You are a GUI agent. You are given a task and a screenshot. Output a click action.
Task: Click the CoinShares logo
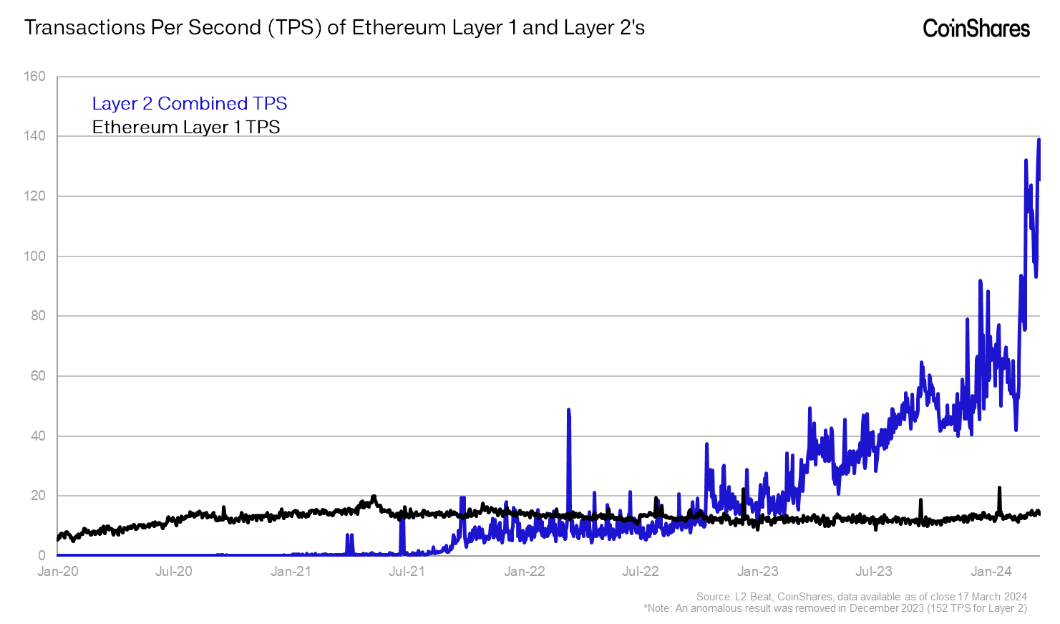[976, 28]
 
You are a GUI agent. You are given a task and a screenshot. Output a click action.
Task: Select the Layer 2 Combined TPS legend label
[189, 103]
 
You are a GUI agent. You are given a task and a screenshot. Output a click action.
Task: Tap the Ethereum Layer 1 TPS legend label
[185, 127]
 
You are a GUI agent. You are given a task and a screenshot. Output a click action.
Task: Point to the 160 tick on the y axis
[34, 76]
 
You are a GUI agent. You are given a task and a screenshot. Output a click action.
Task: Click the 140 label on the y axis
[34, 135]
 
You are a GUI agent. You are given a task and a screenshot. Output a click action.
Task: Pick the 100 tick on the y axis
[34, 256]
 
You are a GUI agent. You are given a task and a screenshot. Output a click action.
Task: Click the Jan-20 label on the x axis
[58, 571]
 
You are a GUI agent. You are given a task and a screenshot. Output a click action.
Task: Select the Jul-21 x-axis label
[407, 571]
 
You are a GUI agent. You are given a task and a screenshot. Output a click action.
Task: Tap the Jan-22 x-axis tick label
[524, 571]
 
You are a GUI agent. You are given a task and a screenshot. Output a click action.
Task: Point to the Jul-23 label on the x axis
[874, 571]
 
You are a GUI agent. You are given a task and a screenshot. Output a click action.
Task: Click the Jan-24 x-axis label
[991, 571]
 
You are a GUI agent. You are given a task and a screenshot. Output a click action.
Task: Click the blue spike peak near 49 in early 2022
[568, 411]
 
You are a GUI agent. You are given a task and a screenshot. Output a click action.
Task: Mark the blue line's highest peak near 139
[1039, 140]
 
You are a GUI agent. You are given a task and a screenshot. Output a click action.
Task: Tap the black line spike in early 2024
[999, 489]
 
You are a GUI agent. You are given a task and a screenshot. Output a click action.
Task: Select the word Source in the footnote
[713, 597]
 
